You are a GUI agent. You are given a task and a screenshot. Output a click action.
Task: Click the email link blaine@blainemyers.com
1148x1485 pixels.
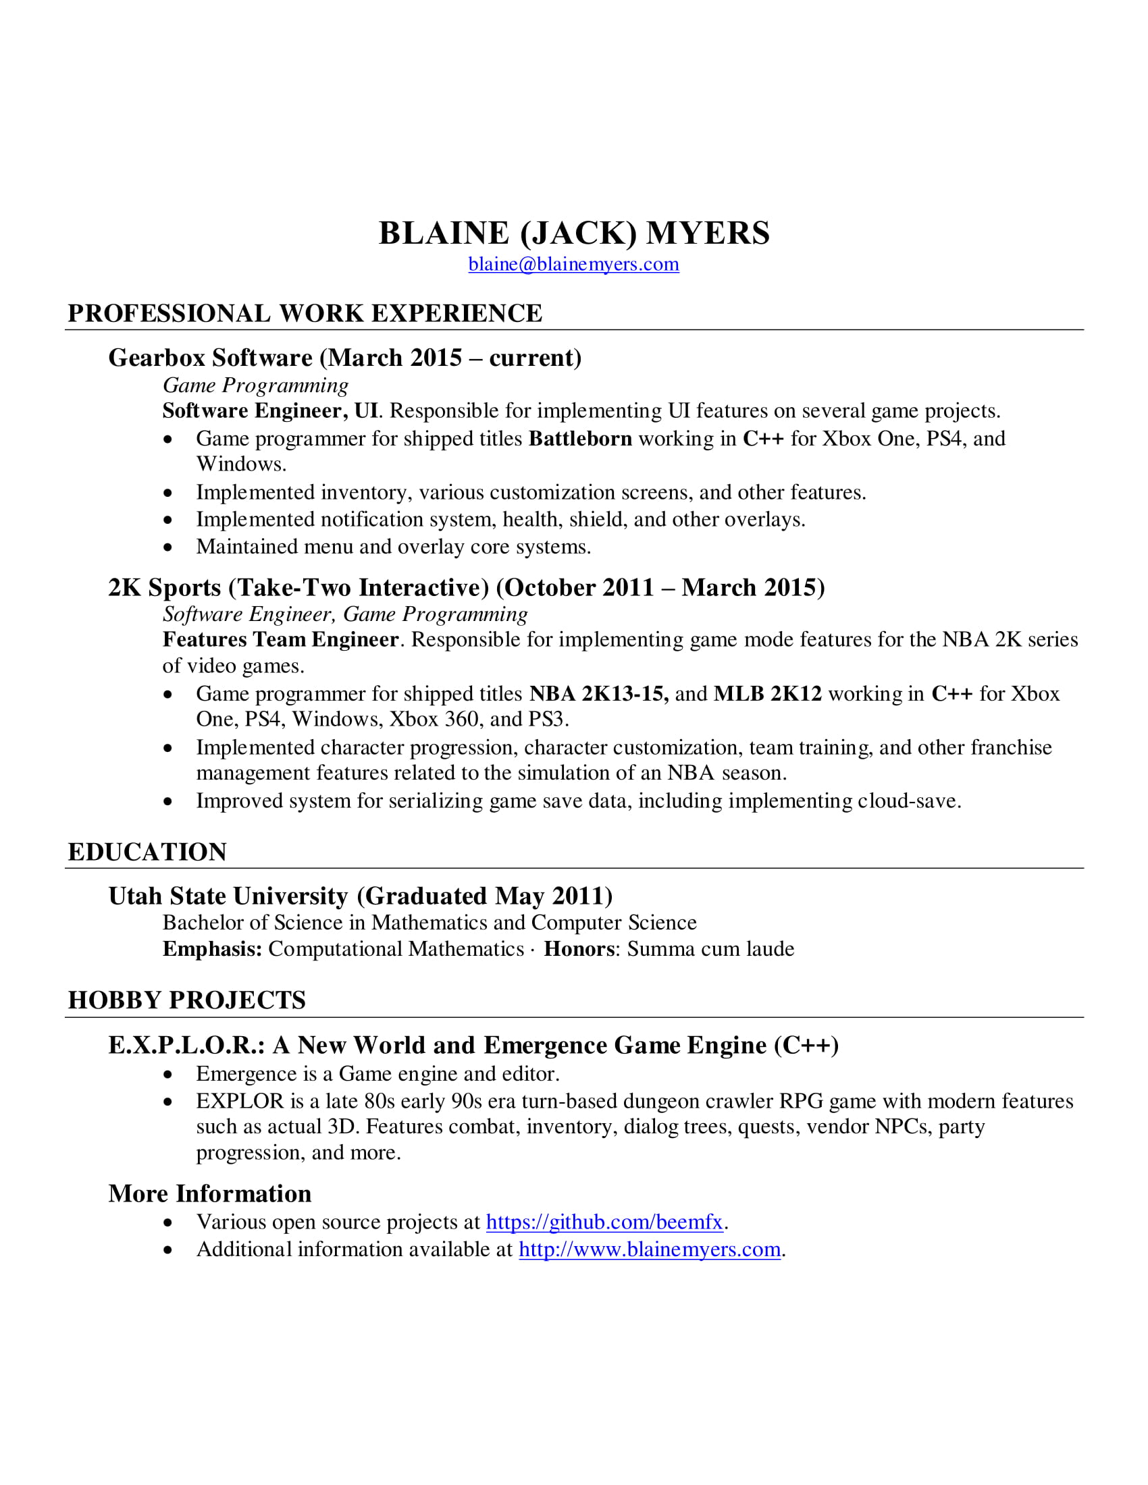coord(573,265)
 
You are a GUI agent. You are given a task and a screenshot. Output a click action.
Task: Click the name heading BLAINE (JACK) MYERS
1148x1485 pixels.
coord(574,234)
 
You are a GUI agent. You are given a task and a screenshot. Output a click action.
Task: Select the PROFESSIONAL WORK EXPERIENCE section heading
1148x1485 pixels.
coord(305,313)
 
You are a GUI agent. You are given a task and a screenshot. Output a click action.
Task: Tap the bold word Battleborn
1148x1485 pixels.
coord(580,439)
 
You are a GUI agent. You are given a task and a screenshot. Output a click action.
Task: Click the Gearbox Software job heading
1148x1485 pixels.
coord(345,358)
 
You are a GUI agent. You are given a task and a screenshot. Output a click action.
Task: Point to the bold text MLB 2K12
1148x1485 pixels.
coord(768,693)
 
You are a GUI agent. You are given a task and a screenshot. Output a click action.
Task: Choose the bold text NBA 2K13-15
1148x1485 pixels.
coord(598,693)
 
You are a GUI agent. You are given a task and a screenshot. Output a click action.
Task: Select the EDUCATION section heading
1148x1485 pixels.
coord(147,852)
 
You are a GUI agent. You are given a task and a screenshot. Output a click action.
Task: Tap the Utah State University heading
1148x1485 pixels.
coord(361,896)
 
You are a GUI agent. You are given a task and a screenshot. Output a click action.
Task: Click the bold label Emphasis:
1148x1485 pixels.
coord(212,949)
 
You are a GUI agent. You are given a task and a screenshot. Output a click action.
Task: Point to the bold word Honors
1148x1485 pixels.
coord(579,949)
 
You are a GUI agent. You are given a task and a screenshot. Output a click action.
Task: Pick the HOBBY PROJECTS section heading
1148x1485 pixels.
coord(186,1000)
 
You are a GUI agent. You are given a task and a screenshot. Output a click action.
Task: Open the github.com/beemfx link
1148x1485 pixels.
coord(604,1222)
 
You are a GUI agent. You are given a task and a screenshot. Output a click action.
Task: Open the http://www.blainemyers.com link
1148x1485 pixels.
coord(650,1249)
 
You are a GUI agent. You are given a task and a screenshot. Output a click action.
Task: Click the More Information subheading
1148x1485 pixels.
coord(209,1193)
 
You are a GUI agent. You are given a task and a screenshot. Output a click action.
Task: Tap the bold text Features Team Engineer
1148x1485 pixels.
coord(280,640)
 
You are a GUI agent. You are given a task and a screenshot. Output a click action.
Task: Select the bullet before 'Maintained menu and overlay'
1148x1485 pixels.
coord(168,547)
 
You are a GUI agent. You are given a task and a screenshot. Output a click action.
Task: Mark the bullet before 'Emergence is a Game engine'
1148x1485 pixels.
coord(168,1075)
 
